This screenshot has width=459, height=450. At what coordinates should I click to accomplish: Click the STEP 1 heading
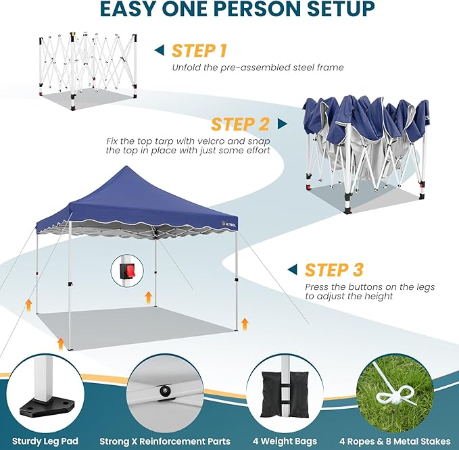tap(199, 51)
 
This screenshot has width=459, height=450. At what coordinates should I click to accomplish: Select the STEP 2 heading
tap(240, 124)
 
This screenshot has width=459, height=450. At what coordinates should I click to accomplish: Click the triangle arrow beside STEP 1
tap(160, 50)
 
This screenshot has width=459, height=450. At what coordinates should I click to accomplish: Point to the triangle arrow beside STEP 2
tap(282, 124)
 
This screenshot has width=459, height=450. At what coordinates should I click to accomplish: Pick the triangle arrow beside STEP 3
tap(292, 270)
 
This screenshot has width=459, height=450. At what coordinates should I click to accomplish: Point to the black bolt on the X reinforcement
tap(163, 393)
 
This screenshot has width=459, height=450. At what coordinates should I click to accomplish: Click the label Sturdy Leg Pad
tap(45, 441)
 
